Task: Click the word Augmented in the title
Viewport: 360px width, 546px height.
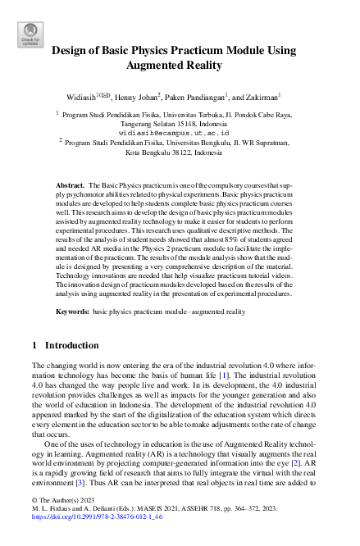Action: pyautogui.click(x=157, y=65)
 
